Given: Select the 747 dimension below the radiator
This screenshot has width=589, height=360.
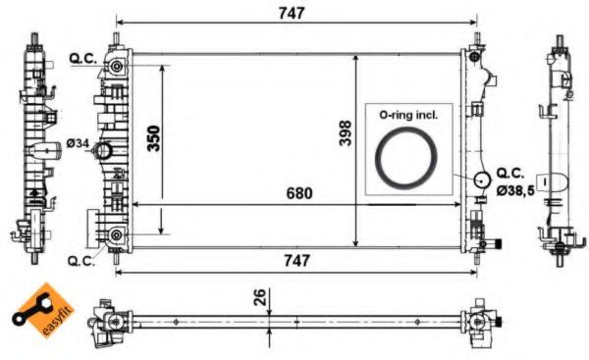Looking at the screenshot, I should (295, 260).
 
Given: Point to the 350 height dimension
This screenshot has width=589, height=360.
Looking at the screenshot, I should (154, 138).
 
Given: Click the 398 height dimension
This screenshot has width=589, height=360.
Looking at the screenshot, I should (344, 138).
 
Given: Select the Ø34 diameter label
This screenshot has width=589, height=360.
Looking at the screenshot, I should (78, 144).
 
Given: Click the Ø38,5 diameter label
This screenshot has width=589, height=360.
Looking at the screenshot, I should (516, 190).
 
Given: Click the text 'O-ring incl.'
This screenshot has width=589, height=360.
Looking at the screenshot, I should (408, 115).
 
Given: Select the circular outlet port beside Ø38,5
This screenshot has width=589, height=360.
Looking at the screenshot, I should (481, 180).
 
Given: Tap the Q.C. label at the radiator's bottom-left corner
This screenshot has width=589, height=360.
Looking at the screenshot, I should (80, 261).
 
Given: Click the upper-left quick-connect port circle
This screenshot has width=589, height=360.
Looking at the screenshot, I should (117, 66).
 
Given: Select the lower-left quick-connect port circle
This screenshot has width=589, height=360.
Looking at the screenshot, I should (117, 233).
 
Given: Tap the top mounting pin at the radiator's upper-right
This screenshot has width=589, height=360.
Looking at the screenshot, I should (477, 42).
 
